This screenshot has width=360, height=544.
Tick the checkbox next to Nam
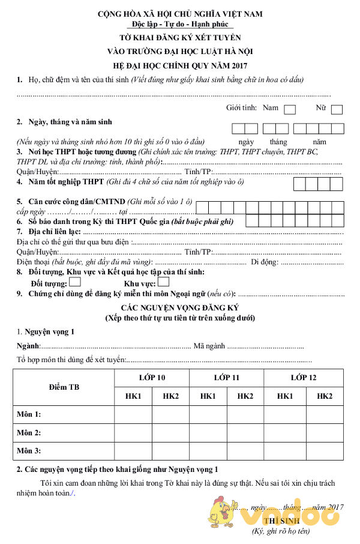click(x=290, y=109)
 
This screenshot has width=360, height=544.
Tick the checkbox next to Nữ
click(x=337, y=109)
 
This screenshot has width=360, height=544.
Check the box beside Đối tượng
click(x=75, y=282)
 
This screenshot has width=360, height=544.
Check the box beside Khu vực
click(x=163, y=282)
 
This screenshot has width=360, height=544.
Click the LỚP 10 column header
click(x=152, y=378)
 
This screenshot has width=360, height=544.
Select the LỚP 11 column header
click(x=226, y=378)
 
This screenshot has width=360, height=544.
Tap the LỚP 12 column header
click(x=304, y=378)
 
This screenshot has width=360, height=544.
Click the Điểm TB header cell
click(x=64, y=387)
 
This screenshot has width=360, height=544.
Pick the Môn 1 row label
click(x=29, y=414)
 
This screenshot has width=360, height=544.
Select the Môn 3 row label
click(x=29, y=450)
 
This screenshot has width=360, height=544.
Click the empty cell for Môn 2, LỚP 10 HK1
click(x=133, y=432)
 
